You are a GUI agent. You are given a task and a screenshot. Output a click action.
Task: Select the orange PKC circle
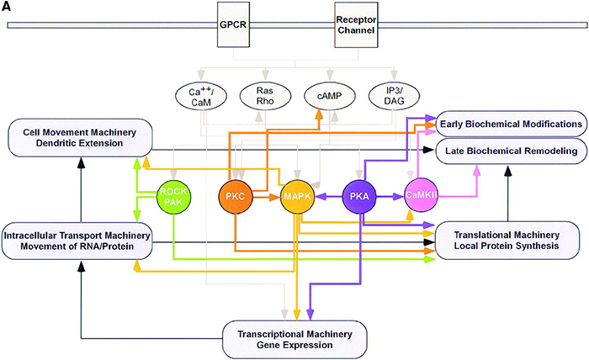click(x=236, y=197)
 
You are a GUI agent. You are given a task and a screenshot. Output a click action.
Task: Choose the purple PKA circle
click(x=361, y=197)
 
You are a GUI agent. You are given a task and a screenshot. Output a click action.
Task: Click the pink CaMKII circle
click(x=422, y=197)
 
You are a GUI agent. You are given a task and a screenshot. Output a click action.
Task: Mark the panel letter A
click(x=8, y=8)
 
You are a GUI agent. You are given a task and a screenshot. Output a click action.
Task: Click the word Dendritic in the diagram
click(x=51, y=144)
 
